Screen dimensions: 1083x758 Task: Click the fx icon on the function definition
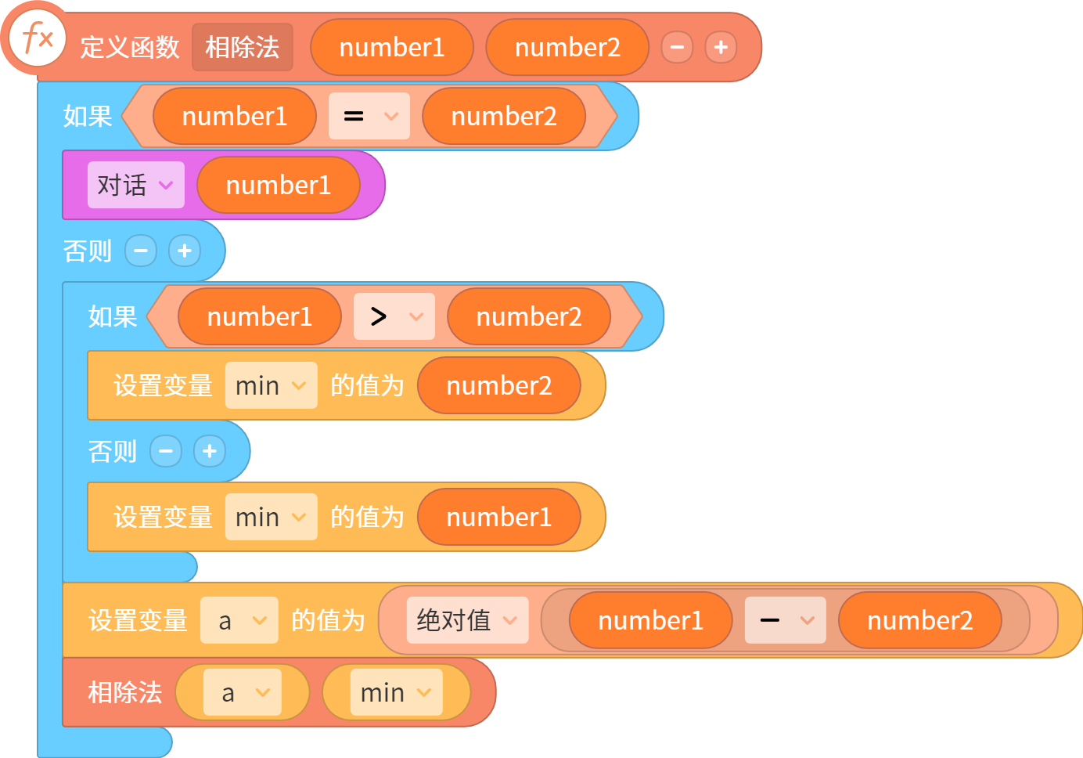(x=38, y=38)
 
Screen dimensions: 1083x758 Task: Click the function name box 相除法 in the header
(x=243, y=47)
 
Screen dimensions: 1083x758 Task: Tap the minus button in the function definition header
(x=677, y=47)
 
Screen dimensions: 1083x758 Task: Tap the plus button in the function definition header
(x=721, y=47)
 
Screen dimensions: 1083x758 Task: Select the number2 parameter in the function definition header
(x=567, y=47)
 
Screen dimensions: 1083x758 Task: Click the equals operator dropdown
(x=369, y=116)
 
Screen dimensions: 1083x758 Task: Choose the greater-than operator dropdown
(x=394, y=316)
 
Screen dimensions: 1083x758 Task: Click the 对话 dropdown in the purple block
(x=136, y=185)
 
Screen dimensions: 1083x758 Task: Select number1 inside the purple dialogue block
(x=279, y=185)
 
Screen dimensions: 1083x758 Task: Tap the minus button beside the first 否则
(x=141, y=251)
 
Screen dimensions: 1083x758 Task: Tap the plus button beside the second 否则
(x=210, y=451)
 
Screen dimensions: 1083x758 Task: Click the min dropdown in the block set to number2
(x=272, y=385)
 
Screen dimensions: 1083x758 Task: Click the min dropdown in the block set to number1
(x=272, y=517)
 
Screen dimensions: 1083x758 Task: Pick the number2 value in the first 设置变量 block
(x=499, y=385)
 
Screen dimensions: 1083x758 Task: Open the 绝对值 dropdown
(x=467, y=620)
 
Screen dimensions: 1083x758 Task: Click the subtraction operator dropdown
(x=785, y=620)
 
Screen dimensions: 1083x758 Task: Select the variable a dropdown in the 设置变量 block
(x=239, y=620)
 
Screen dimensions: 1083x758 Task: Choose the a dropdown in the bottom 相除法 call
(x=243, y=692)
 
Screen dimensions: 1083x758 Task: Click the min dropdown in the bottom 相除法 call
(x=397, y=692)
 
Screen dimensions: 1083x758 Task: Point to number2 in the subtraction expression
(x=920, y=620)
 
